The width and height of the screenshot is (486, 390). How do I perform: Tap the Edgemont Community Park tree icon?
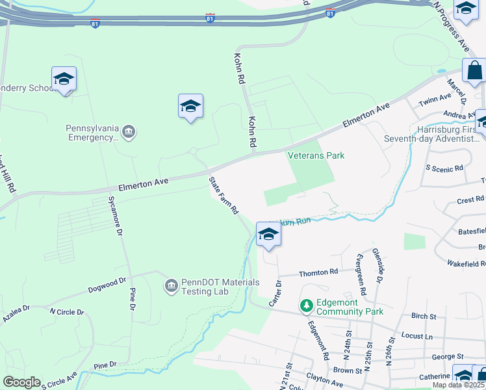point(306,304)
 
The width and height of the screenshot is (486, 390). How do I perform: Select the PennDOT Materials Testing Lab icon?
point(172,285)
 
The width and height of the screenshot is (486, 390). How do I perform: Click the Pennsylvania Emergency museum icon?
point(128,133)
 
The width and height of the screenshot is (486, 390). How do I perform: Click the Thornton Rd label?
point(318,273)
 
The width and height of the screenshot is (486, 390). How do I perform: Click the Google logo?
point(21,382)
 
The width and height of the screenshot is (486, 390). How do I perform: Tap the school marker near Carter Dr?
point(268,235)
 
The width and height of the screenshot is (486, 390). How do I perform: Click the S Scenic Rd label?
point(444,168)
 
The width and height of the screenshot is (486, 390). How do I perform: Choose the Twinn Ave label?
point(435,99)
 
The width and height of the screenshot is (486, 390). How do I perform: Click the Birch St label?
point(423,316)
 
